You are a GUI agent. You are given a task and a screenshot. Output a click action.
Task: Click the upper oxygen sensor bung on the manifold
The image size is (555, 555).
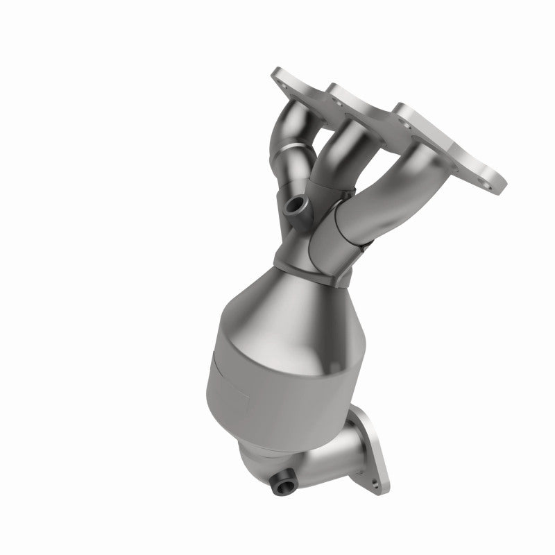click(x=293, y=205)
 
